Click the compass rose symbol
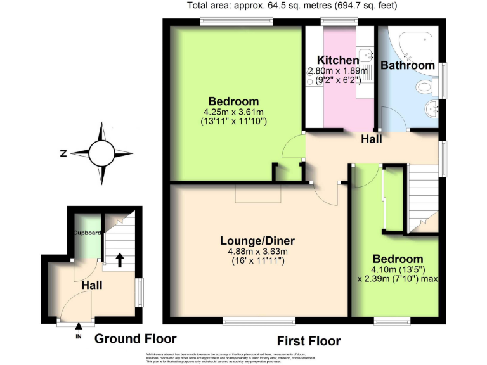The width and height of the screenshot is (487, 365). [x=102, y=153]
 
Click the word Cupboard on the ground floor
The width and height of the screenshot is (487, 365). [x=87, y=233]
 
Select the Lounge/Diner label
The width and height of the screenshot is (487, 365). [x=257, y=241]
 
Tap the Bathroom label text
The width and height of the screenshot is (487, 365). [x=407, y=65]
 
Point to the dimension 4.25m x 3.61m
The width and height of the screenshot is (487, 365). [x=233, y=112]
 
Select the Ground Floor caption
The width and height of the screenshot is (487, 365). [x=135, y=339]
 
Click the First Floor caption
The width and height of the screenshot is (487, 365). [x=308, y=340]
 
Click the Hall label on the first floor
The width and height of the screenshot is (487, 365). [x=371, y=139]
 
